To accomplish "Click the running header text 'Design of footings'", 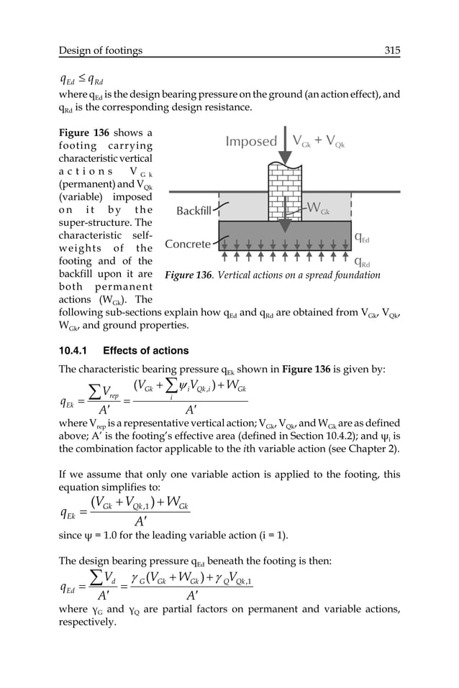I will point(101,50).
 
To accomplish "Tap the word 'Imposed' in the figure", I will point(251,142).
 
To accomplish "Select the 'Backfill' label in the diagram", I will point(194,211).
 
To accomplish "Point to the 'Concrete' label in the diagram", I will point(188,244).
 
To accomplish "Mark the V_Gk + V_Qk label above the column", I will point(319,142).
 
